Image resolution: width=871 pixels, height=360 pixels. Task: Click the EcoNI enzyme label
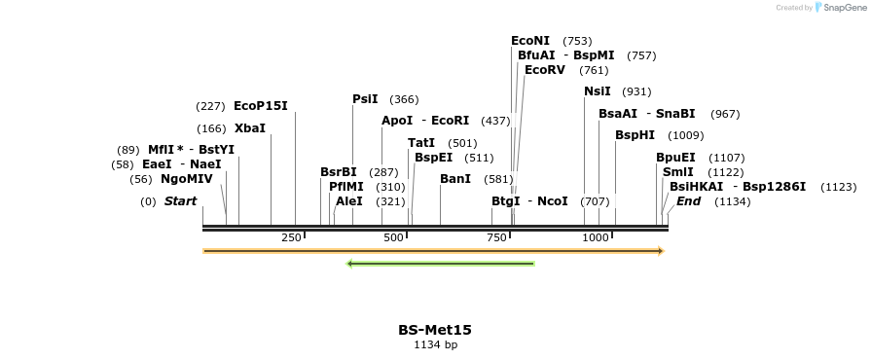click(530, 41)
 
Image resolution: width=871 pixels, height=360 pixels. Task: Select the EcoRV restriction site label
click(544, 70)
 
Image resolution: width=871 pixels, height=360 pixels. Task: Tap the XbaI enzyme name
click(250, 128)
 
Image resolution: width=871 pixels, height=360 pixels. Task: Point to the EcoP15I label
click(261, 106)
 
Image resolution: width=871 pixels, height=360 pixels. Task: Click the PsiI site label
click(365, 99)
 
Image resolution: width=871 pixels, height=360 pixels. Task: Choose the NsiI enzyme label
click(598, 91)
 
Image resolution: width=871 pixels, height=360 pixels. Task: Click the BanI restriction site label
click(455, 179)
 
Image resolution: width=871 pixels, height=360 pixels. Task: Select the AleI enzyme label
click(349, 201)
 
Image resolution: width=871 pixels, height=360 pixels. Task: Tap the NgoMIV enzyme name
click(187, 179)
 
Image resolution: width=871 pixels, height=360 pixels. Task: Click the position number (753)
click(577, 41)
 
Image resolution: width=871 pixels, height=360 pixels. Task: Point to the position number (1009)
click(686, 135)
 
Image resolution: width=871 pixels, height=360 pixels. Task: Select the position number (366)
click(404, 99)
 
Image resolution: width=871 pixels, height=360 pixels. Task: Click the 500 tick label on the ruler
click(393, 237)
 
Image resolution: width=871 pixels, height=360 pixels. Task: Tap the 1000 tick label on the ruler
click(596, 237)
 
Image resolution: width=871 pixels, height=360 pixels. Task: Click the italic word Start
click(180, 201)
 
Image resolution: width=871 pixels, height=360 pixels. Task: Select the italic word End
click(688, 201)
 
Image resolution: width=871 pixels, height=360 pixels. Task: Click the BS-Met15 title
click(435, 330)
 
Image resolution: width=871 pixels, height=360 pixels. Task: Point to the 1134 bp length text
click(435, 344)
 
